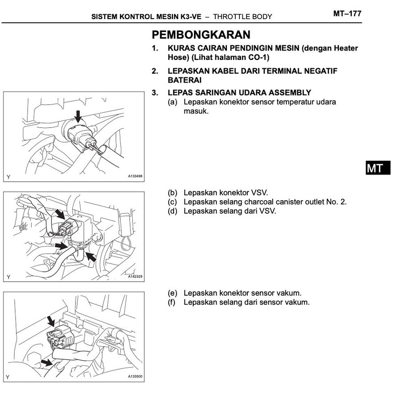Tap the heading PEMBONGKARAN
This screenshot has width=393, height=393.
(x=201, y=35)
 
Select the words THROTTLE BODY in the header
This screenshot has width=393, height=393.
(x=242, y=17)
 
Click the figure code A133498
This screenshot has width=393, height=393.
(x=135, y=176)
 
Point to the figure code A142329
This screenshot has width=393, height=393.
(x=135, y=276)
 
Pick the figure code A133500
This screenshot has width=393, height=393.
(x=135, y=377)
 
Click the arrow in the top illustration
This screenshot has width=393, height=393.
(x=78, y=116)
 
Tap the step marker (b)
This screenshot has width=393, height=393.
(x=172, y=193)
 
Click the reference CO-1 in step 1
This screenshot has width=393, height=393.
(x=260, y=58)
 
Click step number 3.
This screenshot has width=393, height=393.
(x=155, y=93)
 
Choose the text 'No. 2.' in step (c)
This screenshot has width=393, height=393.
(x=337, y=202)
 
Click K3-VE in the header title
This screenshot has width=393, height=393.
(x=190, y=17)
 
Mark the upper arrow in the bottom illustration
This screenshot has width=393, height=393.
(x=52, y=320)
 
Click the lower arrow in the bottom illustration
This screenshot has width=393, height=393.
(x=46, y=362)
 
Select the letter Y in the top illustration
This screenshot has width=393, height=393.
(x=8, y=177)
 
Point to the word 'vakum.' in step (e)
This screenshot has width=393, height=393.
(x=291, y=293)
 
